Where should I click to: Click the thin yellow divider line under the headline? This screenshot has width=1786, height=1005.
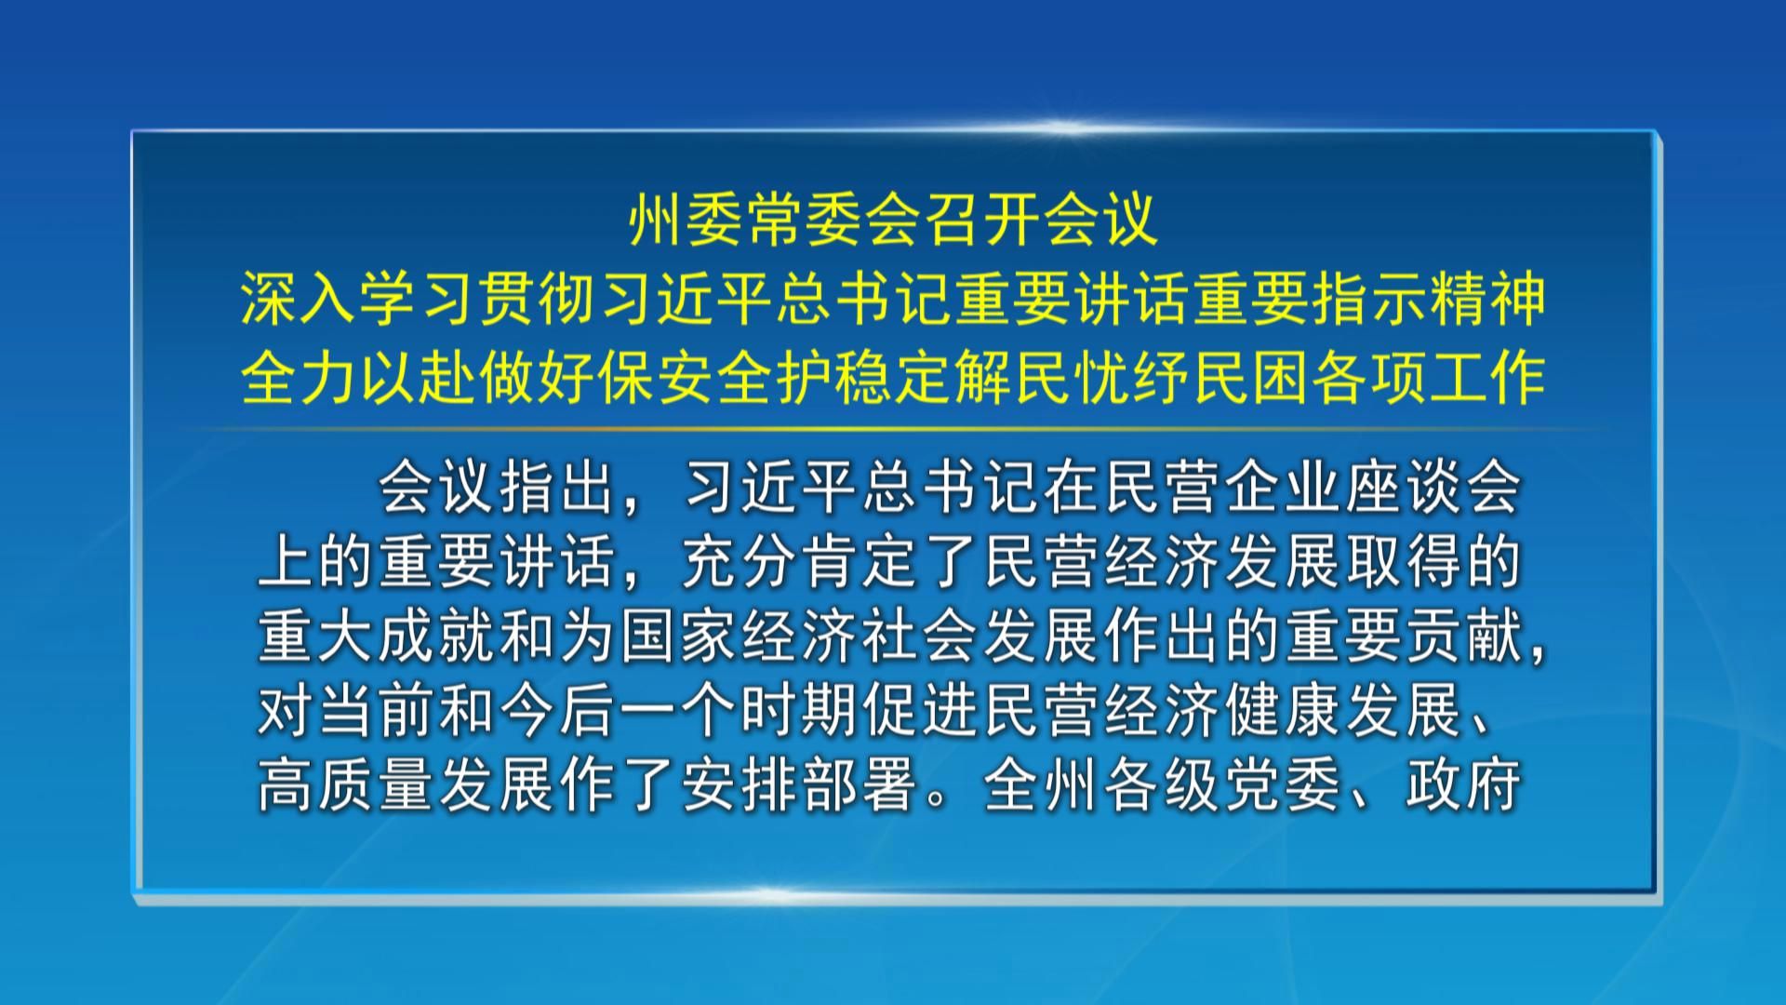tap(893, 429)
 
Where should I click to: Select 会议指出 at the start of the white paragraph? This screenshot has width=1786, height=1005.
tap(497, 488)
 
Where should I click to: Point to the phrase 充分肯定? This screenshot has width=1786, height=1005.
tap(800, 562)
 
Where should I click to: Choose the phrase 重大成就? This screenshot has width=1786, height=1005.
tap(376, 636)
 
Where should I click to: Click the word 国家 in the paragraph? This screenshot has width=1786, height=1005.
tap(679, 636)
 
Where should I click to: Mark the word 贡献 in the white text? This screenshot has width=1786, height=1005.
tap(1464, 636)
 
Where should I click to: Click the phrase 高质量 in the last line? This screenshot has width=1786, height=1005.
tap(346, 785)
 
